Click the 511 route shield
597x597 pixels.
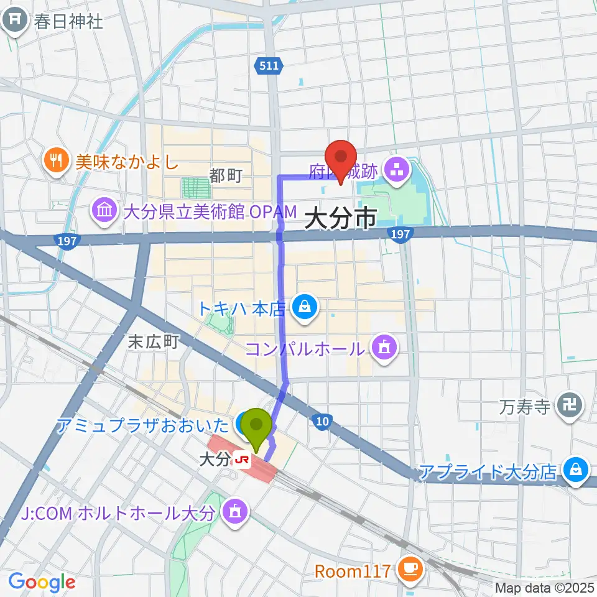[x=269, y=66]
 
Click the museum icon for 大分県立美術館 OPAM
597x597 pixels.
[x=104, y=211]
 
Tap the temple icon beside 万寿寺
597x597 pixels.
[x=570, y=407]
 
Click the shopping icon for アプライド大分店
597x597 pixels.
[x=576, y=471]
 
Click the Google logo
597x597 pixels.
[x=42, y=581]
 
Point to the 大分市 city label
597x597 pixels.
[x=341, y=219]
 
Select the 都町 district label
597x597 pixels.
[x=225, y=176]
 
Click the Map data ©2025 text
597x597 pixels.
[x=545, y=587]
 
